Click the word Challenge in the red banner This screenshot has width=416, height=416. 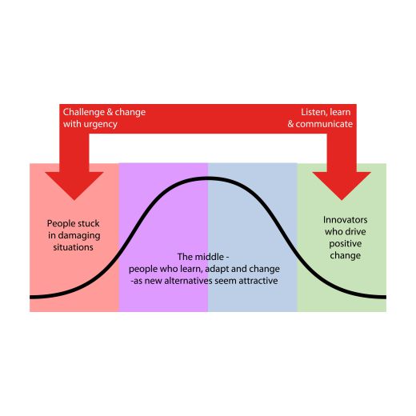83,113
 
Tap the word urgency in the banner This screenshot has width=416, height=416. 100,125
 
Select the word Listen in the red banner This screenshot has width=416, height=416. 314,113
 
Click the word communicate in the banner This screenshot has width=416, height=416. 324,124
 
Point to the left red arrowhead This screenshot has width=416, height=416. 74,186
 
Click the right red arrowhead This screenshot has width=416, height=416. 342,186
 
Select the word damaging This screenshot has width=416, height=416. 79,236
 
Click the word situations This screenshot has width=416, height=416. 73,247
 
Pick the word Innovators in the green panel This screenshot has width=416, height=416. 346,220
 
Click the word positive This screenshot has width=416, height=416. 346,244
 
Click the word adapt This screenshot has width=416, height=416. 217,270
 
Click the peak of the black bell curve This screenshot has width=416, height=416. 208,178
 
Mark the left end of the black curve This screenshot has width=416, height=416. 30,297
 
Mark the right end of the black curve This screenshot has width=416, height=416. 386,297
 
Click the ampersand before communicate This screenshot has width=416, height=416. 290,124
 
